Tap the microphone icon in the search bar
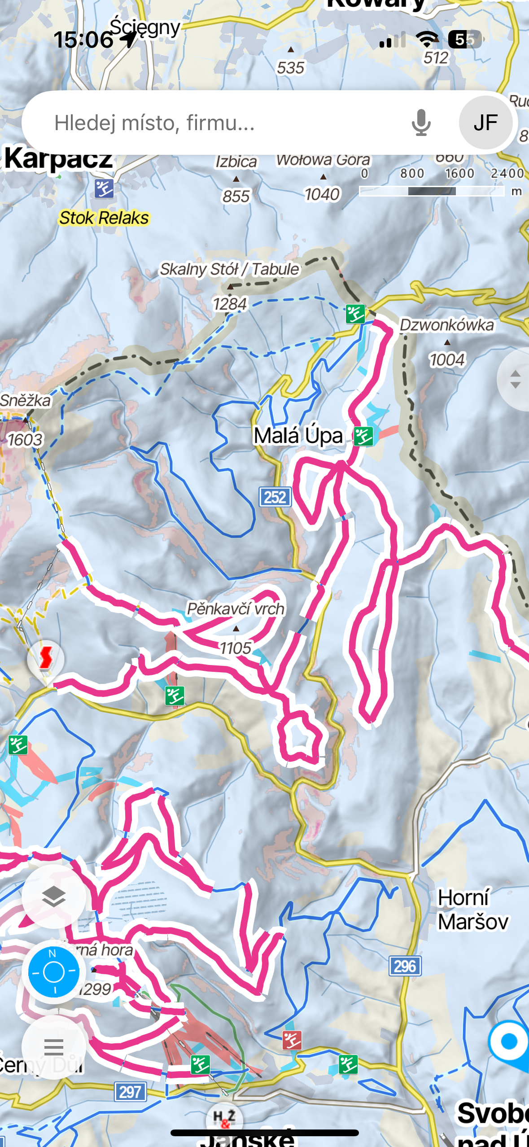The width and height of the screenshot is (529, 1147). [421, 123]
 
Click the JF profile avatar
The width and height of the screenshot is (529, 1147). [485, 123]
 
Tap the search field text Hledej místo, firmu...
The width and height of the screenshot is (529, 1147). [155, 123]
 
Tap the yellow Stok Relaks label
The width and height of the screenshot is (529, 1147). [104, 218]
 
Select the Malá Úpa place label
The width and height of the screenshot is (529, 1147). [298, 436]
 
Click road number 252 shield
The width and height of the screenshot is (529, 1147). [275, 497]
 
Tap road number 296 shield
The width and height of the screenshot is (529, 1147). [405, 966]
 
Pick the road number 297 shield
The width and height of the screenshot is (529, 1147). [130, 1091]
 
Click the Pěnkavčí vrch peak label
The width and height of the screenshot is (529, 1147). [235, 609]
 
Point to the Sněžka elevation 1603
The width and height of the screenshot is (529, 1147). [25, 440]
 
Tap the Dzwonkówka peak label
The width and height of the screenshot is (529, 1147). [446, 325]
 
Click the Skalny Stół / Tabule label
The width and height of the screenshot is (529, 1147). [229, 269]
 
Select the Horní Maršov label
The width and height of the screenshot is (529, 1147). [472, 910]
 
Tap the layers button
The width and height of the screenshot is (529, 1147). [54, 897]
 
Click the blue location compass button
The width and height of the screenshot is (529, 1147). [54, 972]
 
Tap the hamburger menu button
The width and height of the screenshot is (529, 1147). [54, 1047]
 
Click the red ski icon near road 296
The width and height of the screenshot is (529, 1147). [292, 1040]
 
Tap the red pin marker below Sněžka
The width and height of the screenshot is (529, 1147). [45, 659]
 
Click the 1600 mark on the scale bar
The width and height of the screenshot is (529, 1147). [459, 174]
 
